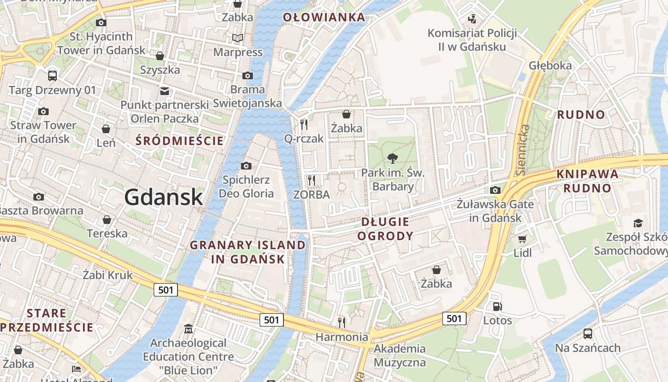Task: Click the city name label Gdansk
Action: point(164,197)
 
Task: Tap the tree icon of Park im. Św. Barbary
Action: point(393,158)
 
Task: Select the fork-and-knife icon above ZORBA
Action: point(312,180)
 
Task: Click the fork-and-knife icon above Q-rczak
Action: point(303,124)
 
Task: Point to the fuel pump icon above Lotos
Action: point(497,306)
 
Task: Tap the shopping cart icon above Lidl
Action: point(522,238)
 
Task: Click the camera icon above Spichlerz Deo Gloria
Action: point(246,166)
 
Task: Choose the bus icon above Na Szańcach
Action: point(588,333)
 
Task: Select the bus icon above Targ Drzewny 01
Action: point(52,75)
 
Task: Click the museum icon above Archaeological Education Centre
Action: point(188,329)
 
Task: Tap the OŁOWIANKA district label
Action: point(324,18)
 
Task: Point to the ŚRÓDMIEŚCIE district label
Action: point(179,141)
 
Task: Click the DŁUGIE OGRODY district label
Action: point(385,229)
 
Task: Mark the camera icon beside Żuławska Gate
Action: point(495,190)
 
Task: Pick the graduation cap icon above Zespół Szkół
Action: point(638,223)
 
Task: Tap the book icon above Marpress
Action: point(238,38)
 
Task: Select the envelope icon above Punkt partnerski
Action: point(165,91)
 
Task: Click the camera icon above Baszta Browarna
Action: point(39,197)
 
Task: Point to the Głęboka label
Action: point(550,65)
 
